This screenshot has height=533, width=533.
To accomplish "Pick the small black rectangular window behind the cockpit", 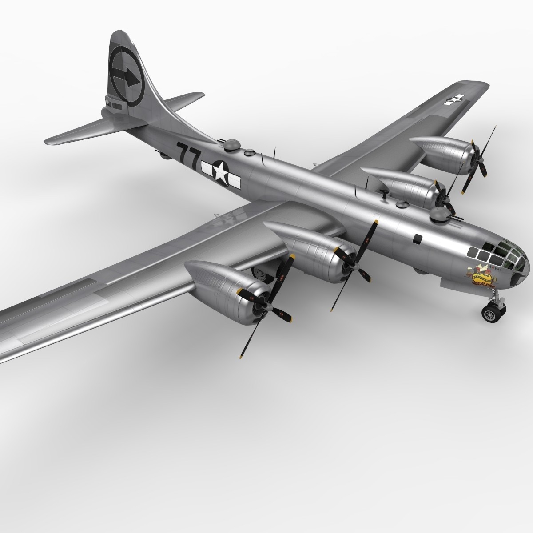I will coord(417,239).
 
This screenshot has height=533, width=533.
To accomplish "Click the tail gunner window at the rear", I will coord(109,104).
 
